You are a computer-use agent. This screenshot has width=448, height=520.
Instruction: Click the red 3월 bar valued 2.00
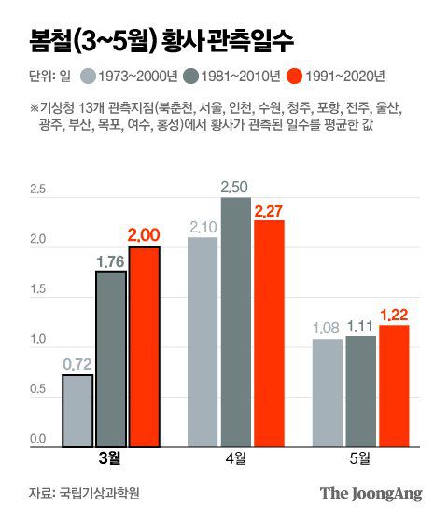[x=144, y=346]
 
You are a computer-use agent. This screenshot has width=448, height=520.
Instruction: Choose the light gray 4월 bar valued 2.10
[x=203, y=342]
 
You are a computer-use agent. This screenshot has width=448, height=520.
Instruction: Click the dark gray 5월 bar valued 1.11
[x=362, y=391]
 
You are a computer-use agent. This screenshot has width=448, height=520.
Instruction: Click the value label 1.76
[x=110, y=260]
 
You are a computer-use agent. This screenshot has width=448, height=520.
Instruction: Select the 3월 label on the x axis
[x=109, y=459]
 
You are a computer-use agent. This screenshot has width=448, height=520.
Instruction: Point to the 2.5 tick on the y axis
[x=37, y=190]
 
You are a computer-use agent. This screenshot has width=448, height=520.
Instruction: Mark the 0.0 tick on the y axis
[x=37, y=438]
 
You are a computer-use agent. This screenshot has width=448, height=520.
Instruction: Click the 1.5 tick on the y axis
[x=37, y=289]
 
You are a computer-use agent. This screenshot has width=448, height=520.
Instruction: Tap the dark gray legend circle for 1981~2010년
[x=190, y=77]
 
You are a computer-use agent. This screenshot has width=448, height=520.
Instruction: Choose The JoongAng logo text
[x=371, y=494]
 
